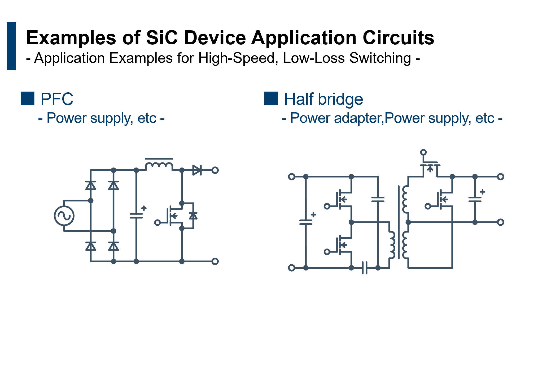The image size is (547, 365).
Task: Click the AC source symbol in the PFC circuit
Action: (x=64, y=216)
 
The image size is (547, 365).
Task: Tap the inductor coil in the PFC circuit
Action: (x=159, y=165)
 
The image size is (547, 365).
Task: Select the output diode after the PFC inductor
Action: (x=197, y=170)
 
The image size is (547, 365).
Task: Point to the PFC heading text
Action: (x=57, y=99)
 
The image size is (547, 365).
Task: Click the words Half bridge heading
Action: (x=323, y=99)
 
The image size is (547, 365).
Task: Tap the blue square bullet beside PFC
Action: (x=28, y=98)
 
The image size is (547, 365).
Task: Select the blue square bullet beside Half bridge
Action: (x=271, y=98)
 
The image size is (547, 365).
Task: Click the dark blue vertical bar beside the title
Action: (x=11, y=46)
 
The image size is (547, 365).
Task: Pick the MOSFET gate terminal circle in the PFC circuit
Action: (x=157, y=223)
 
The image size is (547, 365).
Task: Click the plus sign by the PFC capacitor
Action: (x=144, y=208)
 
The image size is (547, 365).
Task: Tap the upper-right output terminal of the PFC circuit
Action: (x=215, y=170)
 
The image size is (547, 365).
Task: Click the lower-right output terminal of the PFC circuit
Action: (x=215, y=261)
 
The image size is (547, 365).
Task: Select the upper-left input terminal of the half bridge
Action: (x=291, y=177)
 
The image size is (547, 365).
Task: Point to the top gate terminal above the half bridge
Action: (x=423, y=152)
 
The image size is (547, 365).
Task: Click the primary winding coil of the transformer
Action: (x=391, y=245)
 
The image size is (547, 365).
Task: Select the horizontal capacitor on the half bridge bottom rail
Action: (x=365, y=268)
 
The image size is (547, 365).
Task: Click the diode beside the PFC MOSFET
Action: (x=193, y=216)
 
